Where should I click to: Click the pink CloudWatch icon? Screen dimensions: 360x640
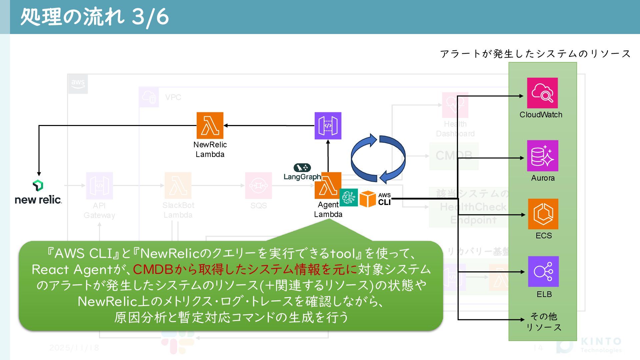click(x=542, y=93)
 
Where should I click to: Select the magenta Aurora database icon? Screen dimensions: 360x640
click(x=542, y=156)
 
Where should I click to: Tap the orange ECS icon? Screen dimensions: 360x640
click(x=543, y=214)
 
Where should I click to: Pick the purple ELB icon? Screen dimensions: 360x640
click(x=543, y=272)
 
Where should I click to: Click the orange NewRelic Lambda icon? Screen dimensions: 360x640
click(x=210, y=126)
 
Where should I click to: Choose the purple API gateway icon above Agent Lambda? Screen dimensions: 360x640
click(x=328, y=126)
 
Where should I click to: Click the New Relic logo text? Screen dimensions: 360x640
click(x=38, y=200)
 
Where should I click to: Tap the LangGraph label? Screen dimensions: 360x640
click(x=302, y=177)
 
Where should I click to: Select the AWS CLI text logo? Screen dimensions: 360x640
click(x=384, y=199)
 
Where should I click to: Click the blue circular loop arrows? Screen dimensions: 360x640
click(x=378, y=159)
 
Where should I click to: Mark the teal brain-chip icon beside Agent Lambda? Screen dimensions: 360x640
click(x=349, y=197)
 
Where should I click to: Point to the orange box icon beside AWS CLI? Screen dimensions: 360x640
click(x=368, y=199)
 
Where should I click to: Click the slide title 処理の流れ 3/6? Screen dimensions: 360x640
click(x=95, y=17)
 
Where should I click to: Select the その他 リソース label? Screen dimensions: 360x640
click(x=544, y=322)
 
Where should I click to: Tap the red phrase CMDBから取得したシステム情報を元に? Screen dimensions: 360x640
click(x=245, y=269)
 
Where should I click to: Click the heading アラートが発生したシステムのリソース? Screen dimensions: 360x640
click(x=535, y=54)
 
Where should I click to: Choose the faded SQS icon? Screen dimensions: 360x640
click(x=258, y=185)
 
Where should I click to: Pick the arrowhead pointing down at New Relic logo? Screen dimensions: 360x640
click(x=39, y=174)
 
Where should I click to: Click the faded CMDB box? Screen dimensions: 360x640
click(x=454, y=156)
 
